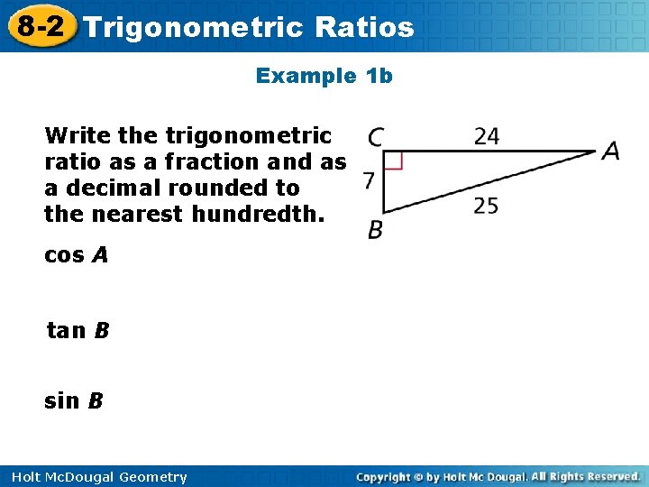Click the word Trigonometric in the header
tap(194, 27)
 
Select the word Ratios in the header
tap(365, 27)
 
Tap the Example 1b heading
tap(324, 76)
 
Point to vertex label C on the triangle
tap(375, 138)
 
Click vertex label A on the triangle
tap(611, 151)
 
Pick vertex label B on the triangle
tap(375, 232)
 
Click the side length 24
tap(487, 136)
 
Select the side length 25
tap(487, 207)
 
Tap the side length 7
tap(368, 181)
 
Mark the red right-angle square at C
tap(393, 161)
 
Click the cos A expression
tap(76, 255)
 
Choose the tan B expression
tap(78, 331)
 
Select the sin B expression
tap(74, 400)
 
